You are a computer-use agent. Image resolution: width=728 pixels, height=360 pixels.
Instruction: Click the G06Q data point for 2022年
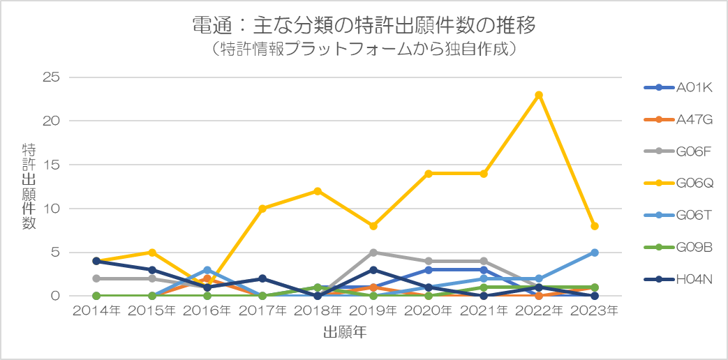(x=539, y=95)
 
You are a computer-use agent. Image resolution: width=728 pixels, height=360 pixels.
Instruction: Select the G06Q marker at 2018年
(x=318, y=191)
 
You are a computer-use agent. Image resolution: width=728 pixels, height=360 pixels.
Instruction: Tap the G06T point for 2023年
(x=594, y=253)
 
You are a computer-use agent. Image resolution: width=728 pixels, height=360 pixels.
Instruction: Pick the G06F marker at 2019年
(x=373, y=253)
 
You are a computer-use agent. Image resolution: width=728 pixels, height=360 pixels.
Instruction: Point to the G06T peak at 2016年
(x=207, y=270)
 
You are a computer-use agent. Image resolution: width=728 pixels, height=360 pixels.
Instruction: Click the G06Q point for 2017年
(x=262, y=209)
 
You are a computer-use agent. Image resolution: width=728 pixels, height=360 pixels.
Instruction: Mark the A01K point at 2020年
(x=429, y=270)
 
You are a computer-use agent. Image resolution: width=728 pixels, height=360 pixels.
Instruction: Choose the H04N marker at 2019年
(x=373, y=270)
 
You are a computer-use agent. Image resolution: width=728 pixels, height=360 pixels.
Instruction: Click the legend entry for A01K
(x=678, y=87)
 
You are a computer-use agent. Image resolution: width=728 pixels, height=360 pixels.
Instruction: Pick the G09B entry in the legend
(x=678, y=247)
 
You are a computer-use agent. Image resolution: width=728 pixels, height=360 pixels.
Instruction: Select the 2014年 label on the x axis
(x=96, y=311)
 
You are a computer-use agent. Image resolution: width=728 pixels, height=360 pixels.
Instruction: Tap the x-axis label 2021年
(x=484, y=311)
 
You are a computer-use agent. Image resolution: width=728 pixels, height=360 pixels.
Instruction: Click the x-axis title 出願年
(x=346, y=333)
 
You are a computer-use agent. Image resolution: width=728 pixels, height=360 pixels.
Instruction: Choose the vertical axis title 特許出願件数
(x=29, y=186)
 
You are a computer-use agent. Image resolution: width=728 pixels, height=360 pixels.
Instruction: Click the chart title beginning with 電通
(x=364, y=26)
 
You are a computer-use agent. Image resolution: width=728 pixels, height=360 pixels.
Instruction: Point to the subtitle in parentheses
(x=364, y=50)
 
